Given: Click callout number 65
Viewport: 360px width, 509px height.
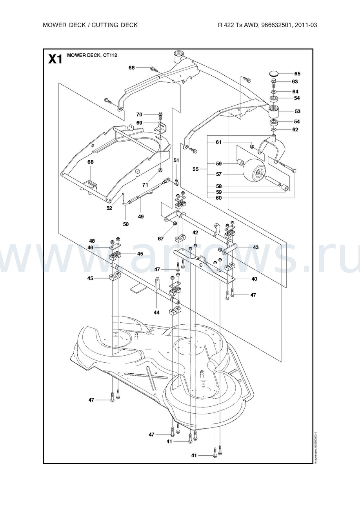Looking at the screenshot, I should pos(297,74).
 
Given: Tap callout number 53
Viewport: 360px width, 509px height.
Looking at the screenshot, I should pos(297,112).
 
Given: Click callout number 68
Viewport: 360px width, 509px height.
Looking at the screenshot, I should pos(91,162).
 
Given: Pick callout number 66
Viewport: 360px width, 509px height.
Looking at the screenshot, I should pos(131,68).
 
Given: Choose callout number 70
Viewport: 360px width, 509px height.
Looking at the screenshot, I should pos(139,115).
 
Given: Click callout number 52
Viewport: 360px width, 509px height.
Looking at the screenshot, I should pos(109,208).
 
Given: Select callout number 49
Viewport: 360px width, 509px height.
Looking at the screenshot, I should pos(141,216).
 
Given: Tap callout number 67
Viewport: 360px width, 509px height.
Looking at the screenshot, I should pos(161,238).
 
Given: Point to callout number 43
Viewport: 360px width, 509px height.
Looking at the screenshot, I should pos(256,247).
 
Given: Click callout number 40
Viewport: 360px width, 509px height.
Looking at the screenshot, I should pos(254,279).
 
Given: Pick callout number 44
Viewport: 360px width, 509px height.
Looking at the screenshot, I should pos(156,313).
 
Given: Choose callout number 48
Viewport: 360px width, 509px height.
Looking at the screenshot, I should pos(92,241).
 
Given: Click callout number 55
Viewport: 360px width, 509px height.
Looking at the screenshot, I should pos(195,169).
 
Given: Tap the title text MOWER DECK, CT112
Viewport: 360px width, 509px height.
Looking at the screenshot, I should pos(92,56).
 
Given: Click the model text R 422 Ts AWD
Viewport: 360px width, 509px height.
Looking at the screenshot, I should pos(237,25).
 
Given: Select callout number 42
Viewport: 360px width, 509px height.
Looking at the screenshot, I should pos(195,233).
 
